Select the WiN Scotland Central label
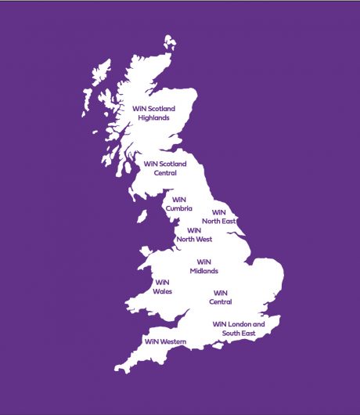click(x=165, y=168)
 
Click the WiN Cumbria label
click(x=178, y=204)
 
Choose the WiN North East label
click(x=219, y=216)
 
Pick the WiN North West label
click(x=193, y=235)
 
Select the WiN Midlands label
click(x=203, y=266)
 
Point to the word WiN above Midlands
click(x=203, y=262)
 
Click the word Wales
click(x=163, y=291)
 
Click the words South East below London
click(x=239, y=334)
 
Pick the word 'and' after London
click(x=261, y=324)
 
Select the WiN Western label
click(x=165, y=341)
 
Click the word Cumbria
click(x=178, y=208)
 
